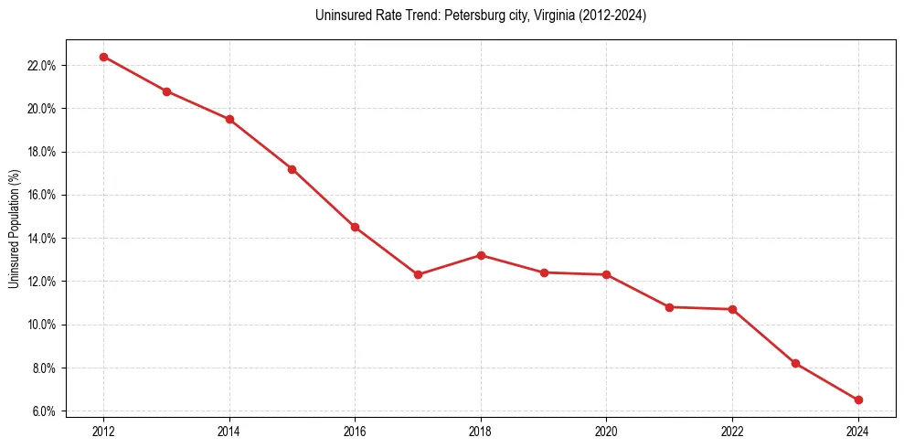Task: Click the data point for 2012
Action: pos(103,57)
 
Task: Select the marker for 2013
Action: pos(166,91)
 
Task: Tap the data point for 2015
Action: pos(292,169)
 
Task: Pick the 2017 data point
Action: pos(418,274)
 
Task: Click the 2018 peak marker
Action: pos(481,255)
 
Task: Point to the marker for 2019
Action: pos(544,272)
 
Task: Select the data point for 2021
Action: pos(669,307)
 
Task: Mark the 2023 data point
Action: pos(795,363)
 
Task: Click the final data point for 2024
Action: pos(858,400)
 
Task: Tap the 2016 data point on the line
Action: pos(355,227)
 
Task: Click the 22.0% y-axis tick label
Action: pos(43,66)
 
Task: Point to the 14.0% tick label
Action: pos(43,239)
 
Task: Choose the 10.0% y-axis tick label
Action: pos(43,325)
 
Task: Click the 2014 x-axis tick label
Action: pos(229,430)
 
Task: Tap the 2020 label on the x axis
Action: pos(606,430)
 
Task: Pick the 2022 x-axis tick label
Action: pos(732,430)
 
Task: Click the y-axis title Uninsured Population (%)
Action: pos(15,229)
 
